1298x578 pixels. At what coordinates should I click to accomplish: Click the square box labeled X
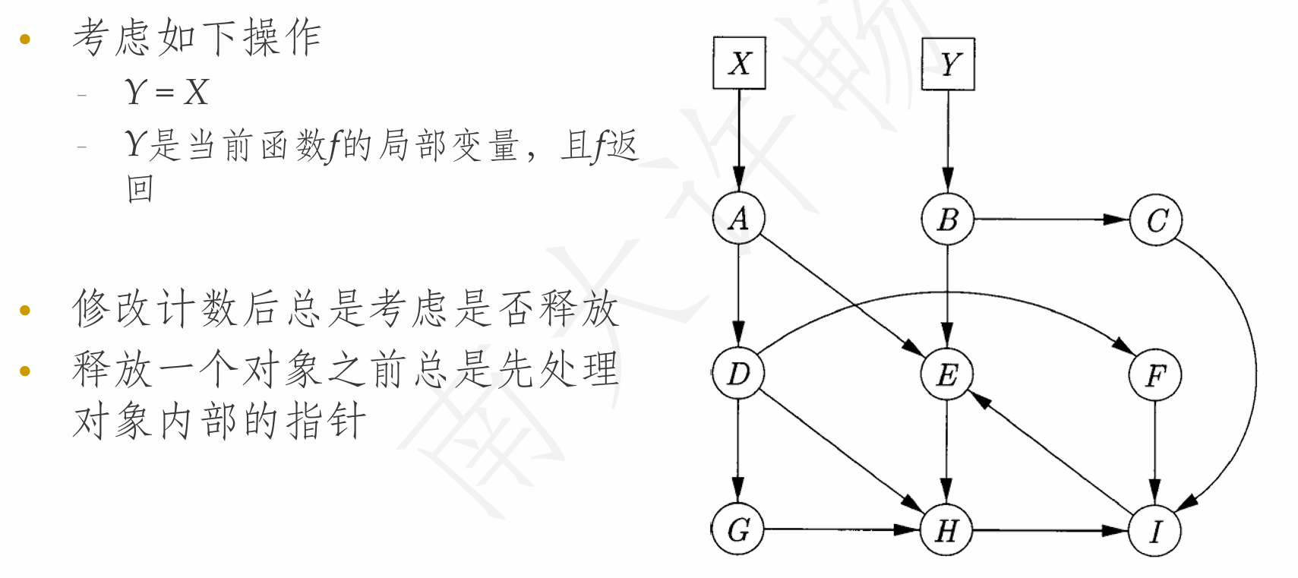pos(739,64)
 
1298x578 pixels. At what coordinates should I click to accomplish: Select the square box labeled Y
pos(948,64)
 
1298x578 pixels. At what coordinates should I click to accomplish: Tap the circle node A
pos(738,219)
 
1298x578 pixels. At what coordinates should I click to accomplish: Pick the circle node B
pos(947,220)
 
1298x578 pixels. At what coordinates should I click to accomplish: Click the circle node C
pos(1156,220)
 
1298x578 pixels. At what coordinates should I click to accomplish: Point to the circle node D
pos(738,374)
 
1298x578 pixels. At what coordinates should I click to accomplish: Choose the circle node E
pos(947,374)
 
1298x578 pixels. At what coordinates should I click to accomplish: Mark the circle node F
pos(1155,374)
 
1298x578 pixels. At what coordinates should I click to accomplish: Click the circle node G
pos(738,529)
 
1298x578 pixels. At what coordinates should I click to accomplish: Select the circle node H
pos(946,530)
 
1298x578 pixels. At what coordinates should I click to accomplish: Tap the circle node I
pos(1155,530)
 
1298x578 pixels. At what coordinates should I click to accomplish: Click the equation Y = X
pos(166,93)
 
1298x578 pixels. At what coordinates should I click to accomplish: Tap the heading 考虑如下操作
pos(197,38)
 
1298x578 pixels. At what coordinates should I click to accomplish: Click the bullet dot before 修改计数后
pos(25,311)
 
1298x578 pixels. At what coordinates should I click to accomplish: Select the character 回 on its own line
pos(141,188)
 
